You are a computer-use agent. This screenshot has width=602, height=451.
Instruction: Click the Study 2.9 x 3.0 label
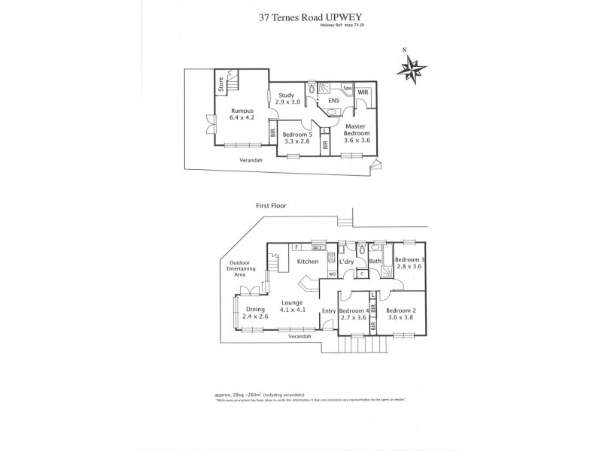(286, 98)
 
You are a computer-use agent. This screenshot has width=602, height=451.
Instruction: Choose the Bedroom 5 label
(296, 136)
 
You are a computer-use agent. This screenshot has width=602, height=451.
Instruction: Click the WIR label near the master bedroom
(363, 92)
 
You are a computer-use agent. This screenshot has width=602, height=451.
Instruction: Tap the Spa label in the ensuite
(347, 88)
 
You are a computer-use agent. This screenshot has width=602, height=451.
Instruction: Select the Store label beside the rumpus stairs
(221, 84)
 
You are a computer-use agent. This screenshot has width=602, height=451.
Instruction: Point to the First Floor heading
(272, 205)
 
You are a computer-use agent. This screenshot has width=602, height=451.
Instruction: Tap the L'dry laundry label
(346, 262)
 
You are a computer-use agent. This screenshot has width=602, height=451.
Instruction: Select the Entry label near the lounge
(328, 311)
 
